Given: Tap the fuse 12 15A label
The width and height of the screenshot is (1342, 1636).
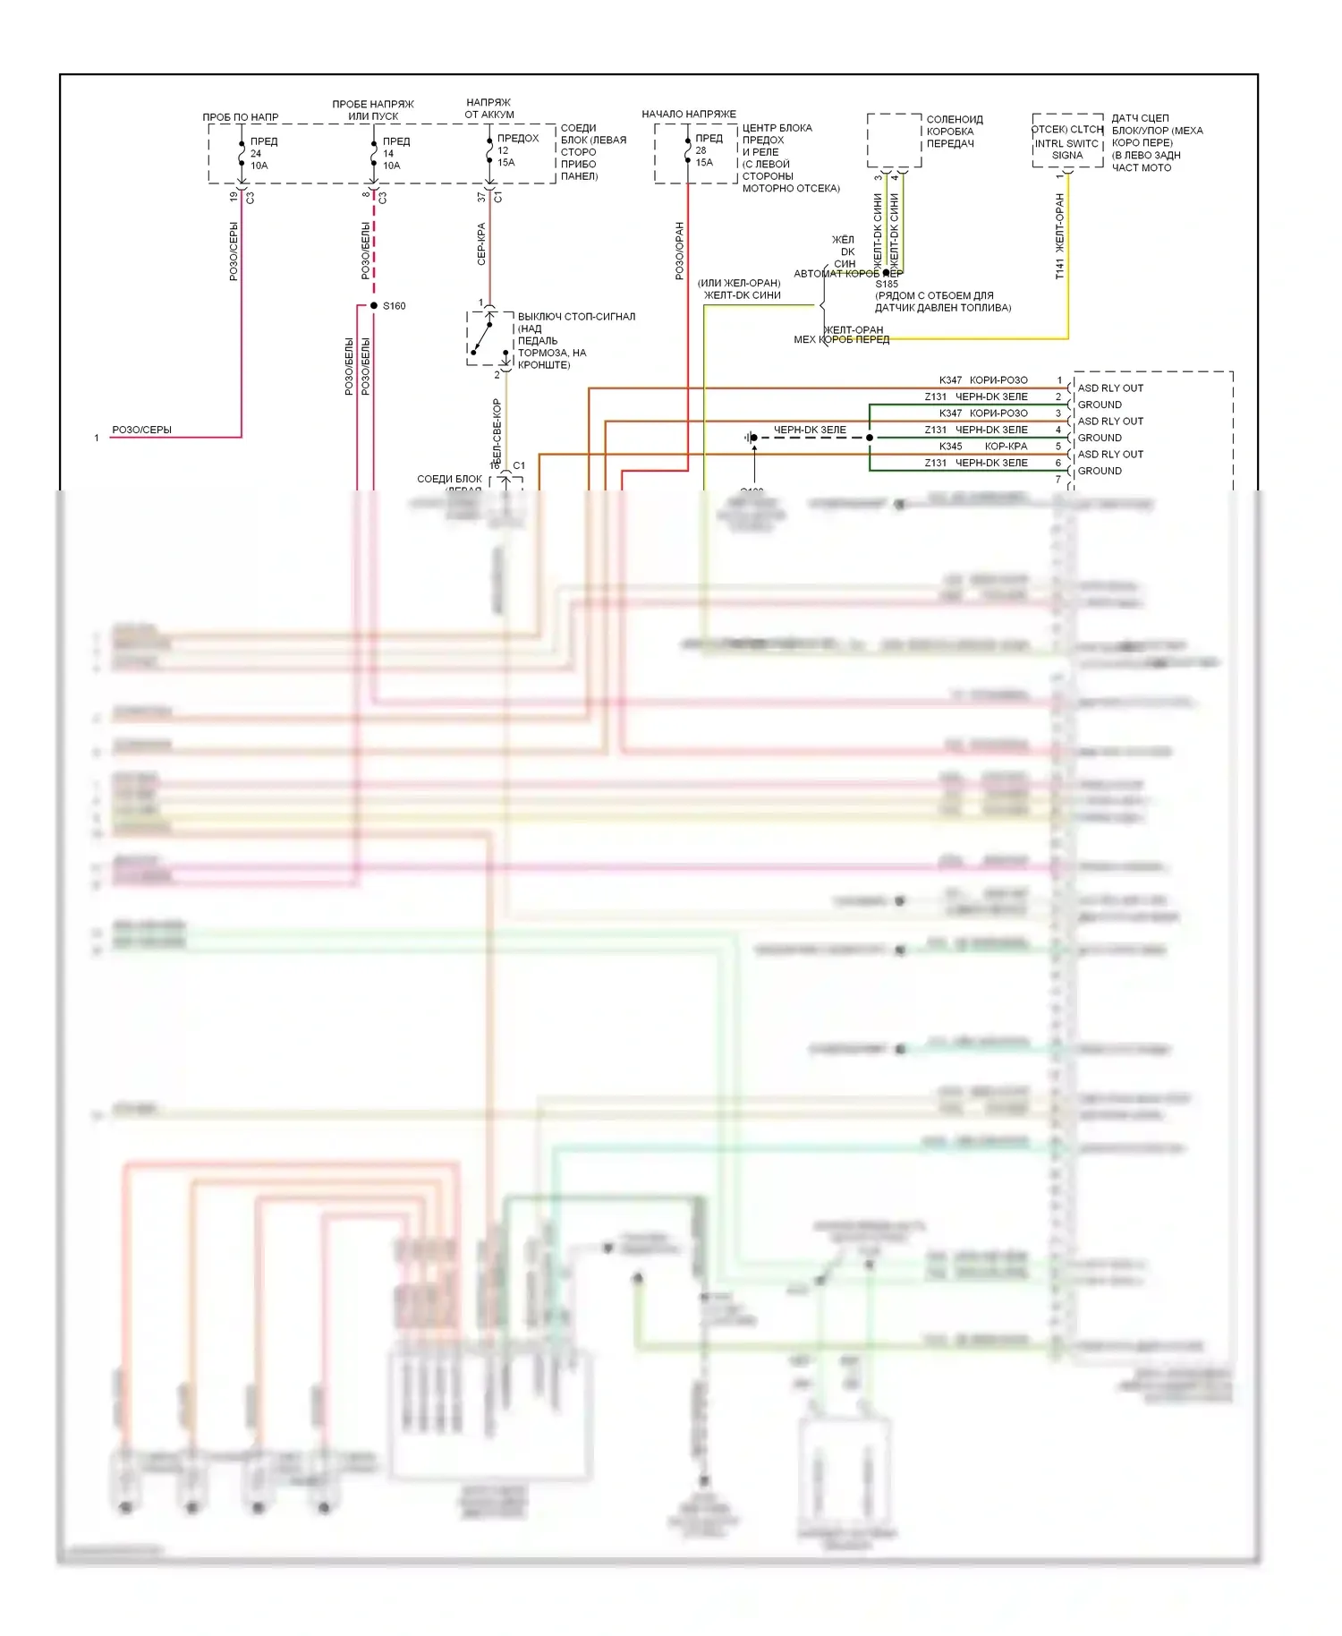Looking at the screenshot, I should (507, 150).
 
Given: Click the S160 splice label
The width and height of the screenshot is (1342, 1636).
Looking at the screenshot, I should (394, 306).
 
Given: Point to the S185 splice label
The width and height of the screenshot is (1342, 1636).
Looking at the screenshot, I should (887, 285).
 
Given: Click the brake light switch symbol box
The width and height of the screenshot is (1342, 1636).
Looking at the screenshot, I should (488, 338).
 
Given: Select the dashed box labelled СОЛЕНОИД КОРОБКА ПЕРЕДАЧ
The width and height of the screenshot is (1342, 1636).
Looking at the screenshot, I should (894, 141).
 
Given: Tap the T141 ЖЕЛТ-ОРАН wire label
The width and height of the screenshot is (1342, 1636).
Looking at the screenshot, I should (1059, 237).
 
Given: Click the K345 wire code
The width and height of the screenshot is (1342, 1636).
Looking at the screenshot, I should (950, 447).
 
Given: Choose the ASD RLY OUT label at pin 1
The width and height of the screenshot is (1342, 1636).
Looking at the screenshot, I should (1110, 388).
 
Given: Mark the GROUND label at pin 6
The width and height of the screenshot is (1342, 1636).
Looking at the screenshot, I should (1100, 471).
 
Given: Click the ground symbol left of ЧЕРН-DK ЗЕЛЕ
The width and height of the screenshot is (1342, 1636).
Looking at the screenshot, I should (751, 438).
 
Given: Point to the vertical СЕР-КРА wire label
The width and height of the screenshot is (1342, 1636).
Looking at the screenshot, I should (481, 244).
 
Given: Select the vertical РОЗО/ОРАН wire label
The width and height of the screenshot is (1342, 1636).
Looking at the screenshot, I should (679, 251).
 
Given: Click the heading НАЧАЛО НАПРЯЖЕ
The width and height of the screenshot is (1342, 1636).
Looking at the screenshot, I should (689, 115).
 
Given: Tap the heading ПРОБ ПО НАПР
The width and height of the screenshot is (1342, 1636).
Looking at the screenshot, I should (240, 117).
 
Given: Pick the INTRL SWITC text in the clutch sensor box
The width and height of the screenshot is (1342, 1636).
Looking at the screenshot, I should (1066, 143).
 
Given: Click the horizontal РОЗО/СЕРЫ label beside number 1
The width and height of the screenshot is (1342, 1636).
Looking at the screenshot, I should (141, 430).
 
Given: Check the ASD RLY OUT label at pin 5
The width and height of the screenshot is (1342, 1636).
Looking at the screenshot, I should (1110, 455).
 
